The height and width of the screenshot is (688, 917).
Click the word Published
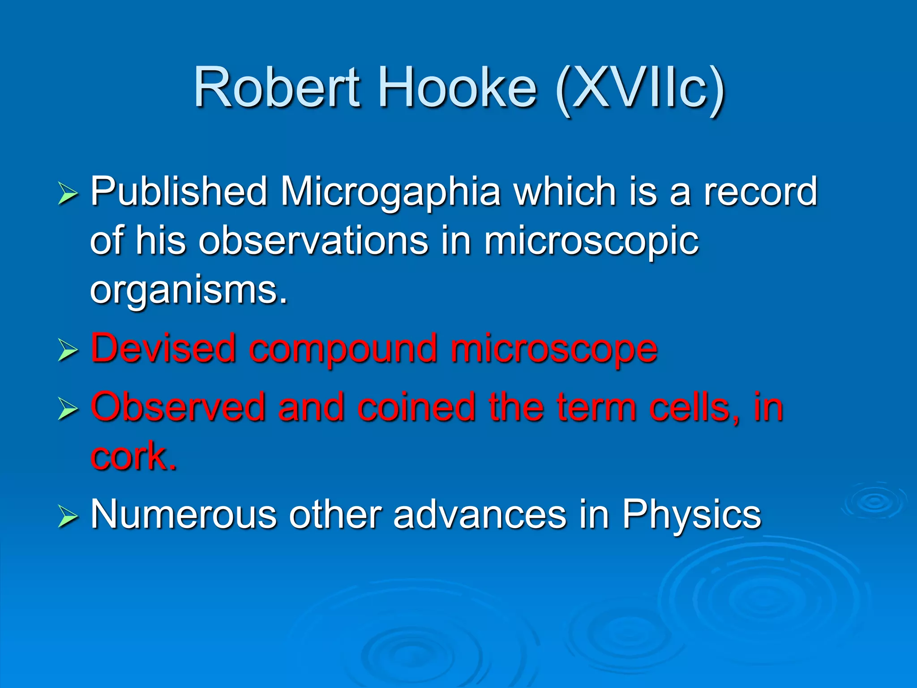pyautogui.click(x=179, y=192)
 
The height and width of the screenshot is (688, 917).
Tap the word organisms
pyautogui.click(x=188, y=290)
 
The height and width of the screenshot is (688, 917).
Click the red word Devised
pyautogui.click(x=163, y=348)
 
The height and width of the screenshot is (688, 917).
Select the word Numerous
pyautogui.click(x=184, y=514)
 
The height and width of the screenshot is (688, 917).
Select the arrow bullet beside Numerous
pyautogui.click(x=68, y=517)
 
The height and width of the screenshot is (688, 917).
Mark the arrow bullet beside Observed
pyautogui.click(x=68, y=410)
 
